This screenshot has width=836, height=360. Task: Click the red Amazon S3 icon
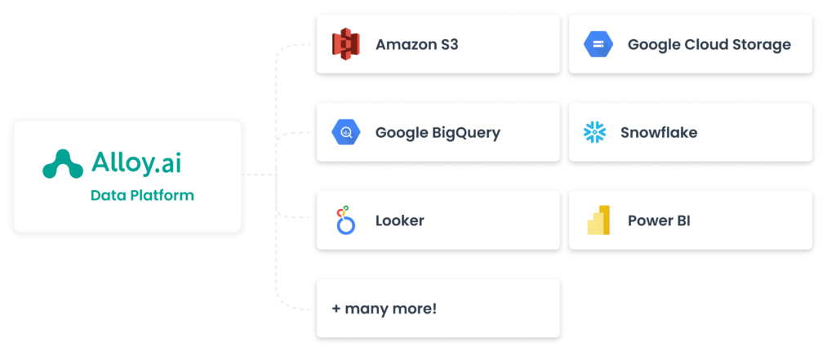[346, 44]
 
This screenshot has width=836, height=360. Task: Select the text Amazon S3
[416, 44]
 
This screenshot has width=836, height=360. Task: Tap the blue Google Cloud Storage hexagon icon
[598, 44]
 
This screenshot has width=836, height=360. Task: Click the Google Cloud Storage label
[709, 44]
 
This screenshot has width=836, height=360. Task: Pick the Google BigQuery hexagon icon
[346, 132]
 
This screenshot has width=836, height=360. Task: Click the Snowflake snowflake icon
[594, 132]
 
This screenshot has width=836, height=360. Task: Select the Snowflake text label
[659, 132]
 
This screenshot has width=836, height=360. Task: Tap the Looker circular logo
[345, 220]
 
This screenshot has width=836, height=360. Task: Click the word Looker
[399, 220]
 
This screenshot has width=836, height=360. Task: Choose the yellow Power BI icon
[598, 220]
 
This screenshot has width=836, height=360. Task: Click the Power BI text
[659, 220]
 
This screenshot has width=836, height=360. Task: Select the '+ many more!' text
[384, 309]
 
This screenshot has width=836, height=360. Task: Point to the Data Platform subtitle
[142, 196]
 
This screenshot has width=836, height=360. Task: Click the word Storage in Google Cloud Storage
[761, 44]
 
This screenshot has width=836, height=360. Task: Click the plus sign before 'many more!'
[336, 309]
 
